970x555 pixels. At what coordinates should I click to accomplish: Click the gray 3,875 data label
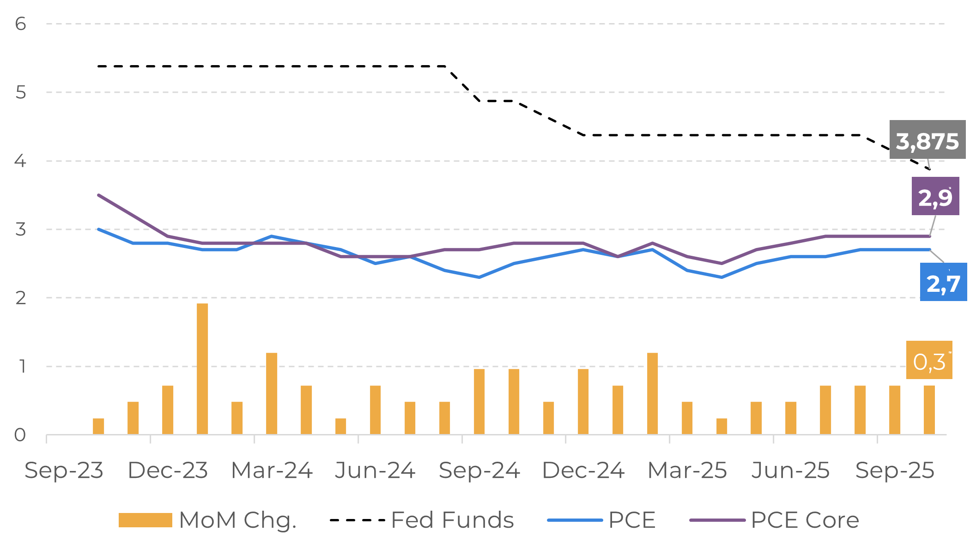(x=927, y=140)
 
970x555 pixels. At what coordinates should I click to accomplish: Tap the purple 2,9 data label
(x=935, y=196)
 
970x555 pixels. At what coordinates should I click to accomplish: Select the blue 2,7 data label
(x=943, y=282)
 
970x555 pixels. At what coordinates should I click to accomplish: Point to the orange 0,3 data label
(x=929, y=361)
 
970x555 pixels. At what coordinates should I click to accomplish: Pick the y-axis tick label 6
(x=20, y=24)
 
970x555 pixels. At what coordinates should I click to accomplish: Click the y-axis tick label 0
(x=20, y=434)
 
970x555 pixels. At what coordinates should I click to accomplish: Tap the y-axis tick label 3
(x=20, y=229)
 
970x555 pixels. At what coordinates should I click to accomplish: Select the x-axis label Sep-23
(x=64, y=471)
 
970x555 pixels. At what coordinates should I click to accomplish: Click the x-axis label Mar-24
(x=272, y=471)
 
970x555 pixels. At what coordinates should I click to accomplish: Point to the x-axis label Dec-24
(x=583, y=471)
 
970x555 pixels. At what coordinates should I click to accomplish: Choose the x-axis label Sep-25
(x=895, y=471)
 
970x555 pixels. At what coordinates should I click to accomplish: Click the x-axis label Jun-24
(x=375, y=471)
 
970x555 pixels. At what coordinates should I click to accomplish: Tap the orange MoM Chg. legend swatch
(x=145, y=520)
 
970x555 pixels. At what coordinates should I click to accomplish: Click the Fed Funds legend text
(x=452, y=520)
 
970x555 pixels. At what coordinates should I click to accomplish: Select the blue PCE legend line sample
(x=575, y=520)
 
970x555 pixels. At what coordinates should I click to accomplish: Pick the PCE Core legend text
(x=805, y=520)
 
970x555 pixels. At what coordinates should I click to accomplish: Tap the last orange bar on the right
(x=929, y=410)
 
